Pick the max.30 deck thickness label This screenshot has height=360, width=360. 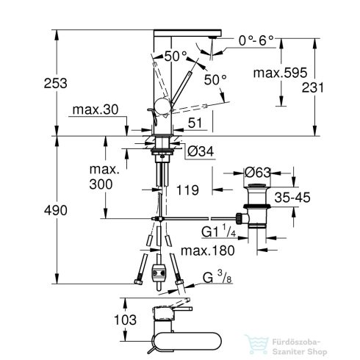[x=95, y=111]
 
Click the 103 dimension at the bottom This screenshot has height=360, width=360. [x=107, y=320]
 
